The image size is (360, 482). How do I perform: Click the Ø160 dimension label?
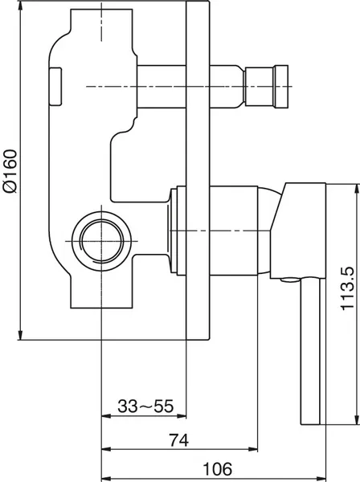point(10,171)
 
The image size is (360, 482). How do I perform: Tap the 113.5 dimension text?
point(348,288)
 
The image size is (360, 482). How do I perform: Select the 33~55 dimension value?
point(145,406)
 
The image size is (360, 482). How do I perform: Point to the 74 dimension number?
point(178,440)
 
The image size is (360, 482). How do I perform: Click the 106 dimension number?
point(217,469)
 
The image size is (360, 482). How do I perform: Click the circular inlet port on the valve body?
point(101,241)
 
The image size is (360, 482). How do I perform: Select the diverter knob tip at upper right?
point(281,87)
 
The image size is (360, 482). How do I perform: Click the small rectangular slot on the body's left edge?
point(55,87)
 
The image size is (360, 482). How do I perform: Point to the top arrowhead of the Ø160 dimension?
point(20,6)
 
